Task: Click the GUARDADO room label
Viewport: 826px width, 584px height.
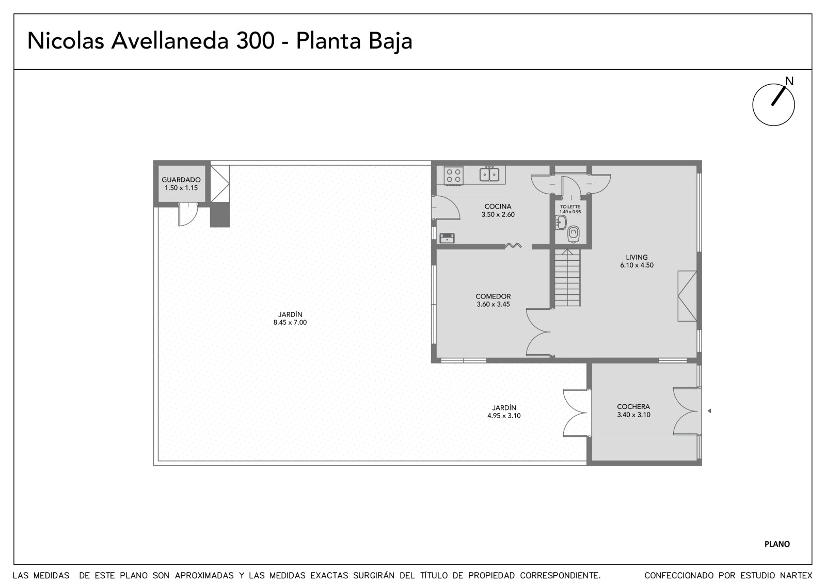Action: point(181,180)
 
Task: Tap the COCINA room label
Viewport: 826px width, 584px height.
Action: point(498,207)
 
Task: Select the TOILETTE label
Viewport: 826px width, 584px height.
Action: point(570,207)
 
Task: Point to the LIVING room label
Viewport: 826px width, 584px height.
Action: point(637,257)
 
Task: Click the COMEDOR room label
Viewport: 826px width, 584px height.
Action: point(493,296)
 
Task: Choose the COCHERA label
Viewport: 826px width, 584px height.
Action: point(633,406)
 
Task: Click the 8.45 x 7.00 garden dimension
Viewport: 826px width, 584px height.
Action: point(290,322)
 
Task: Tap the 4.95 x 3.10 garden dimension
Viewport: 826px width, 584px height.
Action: point(504,416)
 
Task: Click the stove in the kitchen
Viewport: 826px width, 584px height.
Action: point(454,176)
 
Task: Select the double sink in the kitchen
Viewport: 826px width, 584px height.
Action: point(489,174)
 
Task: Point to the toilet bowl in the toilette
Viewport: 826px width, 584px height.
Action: point(573,234)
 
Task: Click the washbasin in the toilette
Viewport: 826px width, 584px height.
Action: point(561,223)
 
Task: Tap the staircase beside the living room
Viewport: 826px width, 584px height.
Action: point(567,278)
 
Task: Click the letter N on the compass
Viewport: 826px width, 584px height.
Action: point(789,81)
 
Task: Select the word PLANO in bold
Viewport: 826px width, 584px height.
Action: point(777,544)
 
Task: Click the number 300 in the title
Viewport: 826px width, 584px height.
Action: point(255,41)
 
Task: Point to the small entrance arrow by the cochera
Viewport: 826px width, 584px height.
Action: point(709,411)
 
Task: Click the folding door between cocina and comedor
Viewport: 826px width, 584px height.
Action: point(513,245)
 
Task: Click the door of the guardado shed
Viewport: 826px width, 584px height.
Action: point(188,214)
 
